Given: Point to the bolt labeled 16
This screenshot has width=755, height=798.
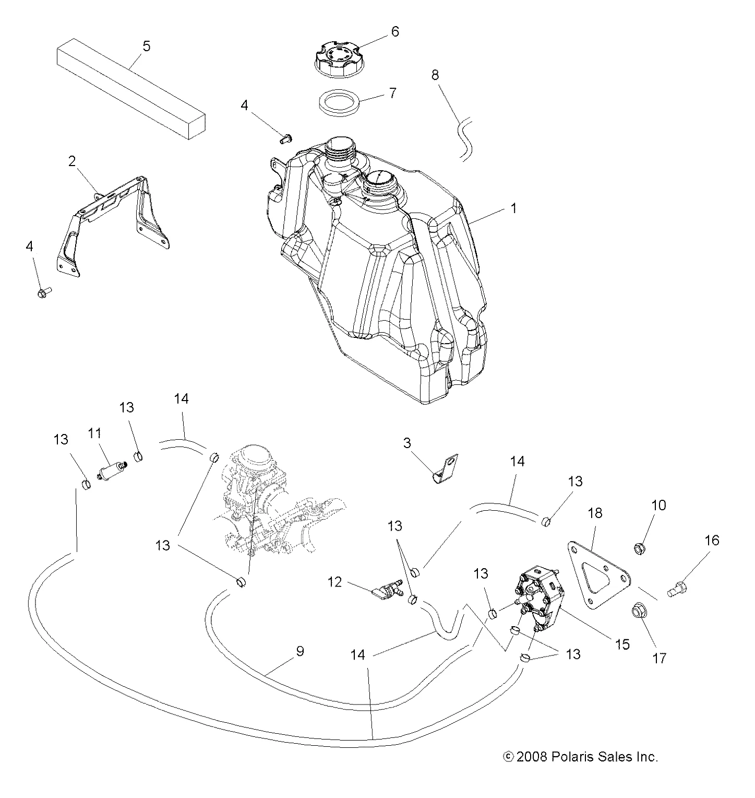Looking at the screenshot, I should coord(677,590).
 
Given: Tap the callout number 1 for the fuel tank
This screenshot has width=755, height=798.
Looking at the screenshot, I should coord(513,208).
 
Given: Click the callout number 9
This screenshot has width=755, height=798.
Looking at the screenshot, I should coord(299,652).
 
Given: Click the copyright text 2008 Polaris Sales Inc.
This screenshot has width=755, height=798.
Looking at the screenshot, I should coord(580,757).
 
